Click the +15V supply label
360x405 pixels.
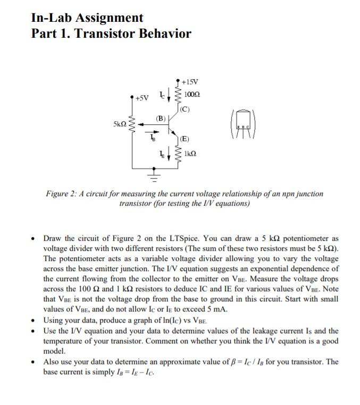click(190, 82)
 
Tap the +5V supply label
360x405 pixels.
click(142, 98)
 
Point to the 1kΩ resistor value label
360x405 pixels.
click(190, 154)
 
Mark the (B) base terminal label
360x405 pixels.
click(161, 117)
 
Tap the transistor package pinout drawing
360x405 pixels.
click(242, 125)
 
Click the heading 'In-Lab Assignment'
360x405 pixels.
click(87, 18)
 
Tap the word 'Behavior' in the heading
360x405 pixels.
click(164, 34)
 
